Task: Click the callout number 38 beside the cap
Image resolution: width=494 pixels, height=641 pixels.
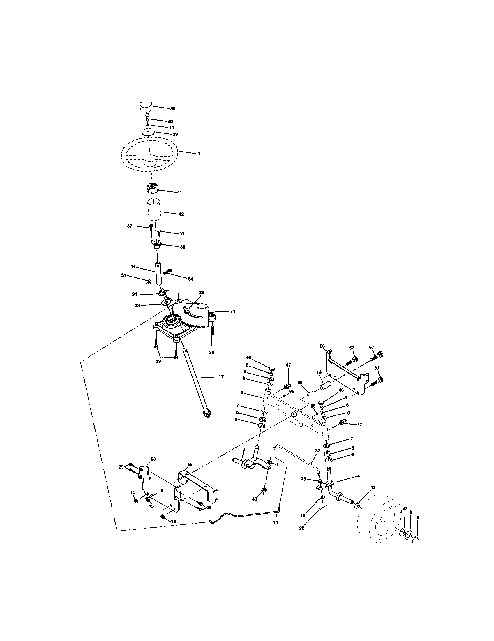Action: click(x=173, y=108)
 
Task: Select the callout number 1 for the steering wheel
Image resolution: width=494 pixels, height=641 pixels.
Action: click(x=199, y=154)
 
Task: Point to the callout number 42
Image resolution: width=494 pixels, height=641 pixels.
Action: click(x=181, y=214)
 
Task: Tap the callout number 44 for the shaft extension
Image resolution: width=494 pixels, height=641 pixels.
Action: click(x=133, y=267)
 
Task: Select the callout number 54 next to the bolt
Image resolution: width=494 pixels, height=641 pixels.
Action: click(x=190, y=279)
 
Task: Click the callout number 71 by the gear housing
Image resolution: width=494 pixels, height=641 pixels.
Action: click(x=232, y=312)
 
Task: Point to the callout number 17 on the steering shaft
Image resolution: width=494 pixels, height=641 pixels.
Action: click(x=221, y=376)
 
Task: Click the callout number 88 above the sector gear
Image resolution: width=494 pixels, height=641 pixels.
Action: click(x=202, y=293)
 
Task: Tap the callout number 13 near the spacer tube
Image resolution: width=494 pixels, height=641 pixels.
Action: click(x=320, y=372)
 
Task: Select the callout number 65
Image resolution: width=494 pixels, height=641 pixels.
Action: click(x=300, y=383)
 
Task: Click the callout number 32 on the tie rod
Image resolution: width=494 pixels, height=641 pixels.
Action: click(x=317, y=458)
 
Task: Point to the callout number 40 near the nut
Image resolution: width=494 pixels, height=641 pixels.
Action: click(x=255, y=499)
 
